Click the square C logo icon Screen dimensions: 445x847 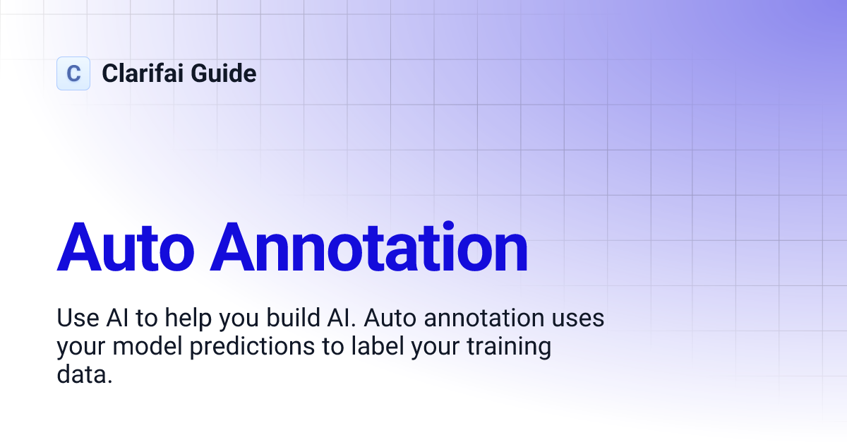[x=73, y=73]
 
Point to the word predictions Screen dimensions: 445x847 [x=252, y=347]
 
